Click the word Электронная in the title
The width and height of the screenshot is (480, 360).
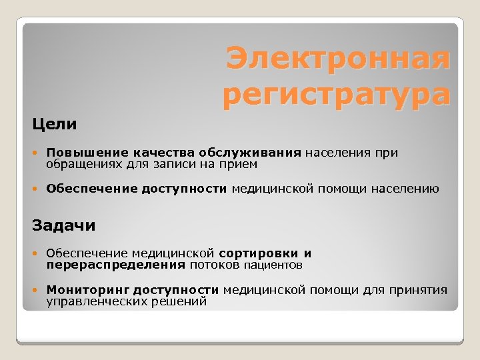click(x=338, y=59)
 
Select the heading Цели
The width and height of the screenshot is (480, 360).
click(x=55, y=124)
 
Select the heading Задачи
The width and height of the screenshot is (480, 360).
click(x=64, y=225)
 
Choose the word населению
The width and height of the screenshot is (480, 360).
click(x=406, y=189)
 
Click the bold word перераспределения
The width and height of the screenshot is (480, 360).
click(x=115, y=265)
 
